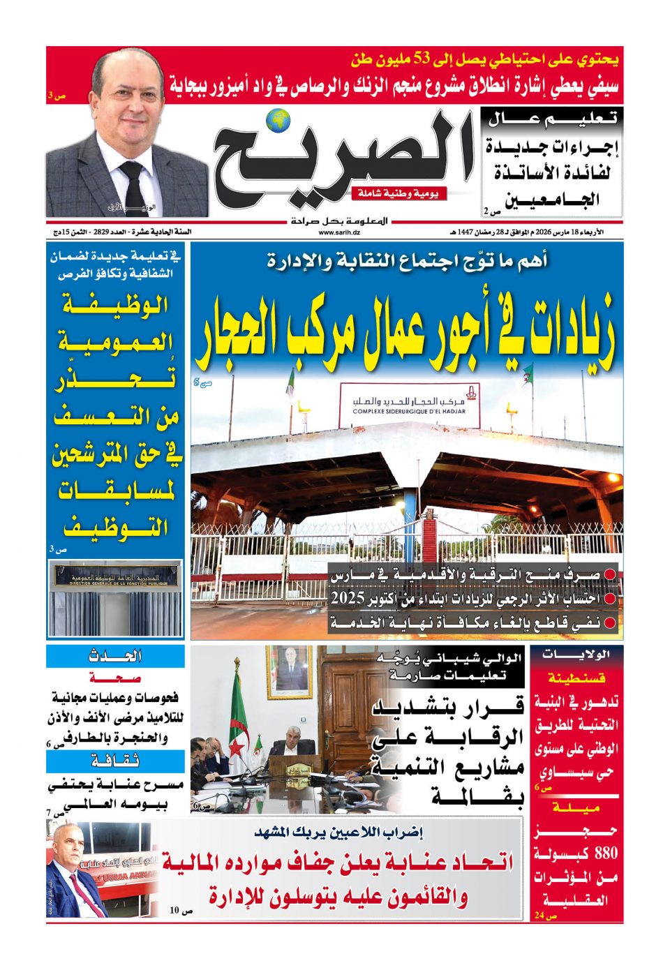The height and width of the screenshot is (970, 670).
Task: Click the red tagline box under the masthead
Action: coord(399,193)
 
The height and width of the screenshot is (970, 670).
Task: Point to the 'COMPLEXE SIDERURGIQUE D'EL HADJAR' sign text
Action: coord(409,412)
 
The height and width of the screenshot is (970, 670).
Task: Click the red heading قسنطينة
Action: coord(576,677)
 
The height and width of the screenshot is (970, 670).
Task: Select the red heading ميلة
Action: coord(576,807)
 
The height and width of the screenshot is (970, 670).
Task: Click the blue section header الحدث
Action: coord(116,656)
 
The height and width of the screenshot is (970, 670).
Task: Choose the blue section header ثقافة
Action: coord(116,760)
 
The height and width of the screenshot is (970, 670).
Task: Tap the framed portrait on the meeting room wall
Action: coord(290,671)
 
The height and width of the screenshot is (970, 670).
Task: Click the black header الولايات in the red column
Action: coord(576,655)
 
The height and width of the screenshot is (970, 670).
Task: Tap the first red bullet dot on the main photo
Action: coord(610,574)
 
